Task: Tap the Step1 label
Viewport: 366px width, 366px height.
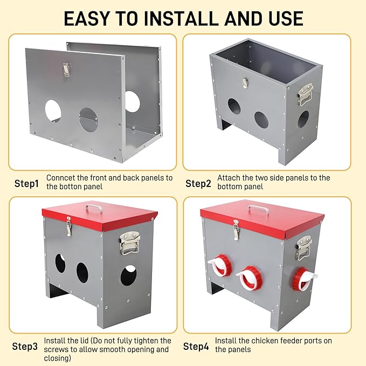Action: (26, 183)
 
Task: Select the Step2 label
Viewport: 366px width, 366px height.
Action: (198, 183)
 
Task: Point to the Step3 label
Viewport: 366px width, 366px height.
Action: (25, 347)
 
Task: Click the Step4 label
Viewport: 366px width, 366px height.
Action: (196, 347)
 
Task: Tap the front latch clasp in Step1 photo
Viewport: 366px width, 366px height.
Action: (66, 70)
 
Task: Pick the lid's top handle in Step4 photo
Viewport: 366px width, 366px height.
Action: (258, 209)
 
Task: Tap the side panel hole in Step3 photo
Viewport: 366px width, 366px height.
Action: (128, 275)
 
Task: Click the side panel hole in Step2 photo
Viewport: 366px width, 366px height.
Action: (303, 119)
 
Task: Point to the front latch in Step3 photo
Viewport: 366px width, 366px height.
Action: (68, 226)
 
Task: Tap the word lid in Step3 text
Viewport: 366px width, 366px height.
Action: (84, 341)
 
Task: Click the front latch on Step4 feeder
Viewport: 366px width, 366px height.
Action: (236, 230)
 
